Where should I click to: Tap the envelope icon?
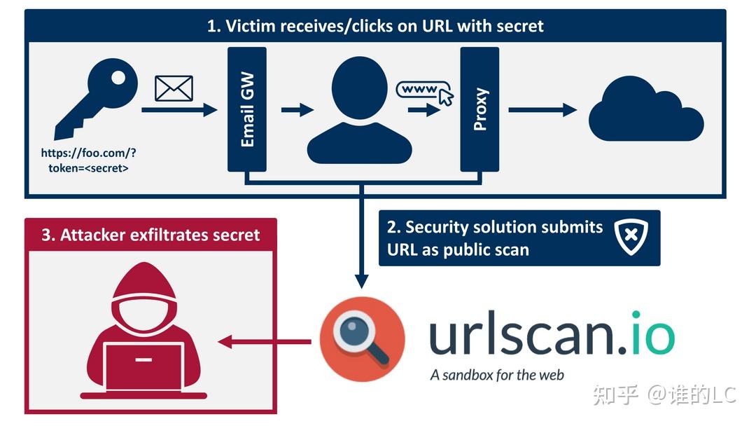coord(174,88)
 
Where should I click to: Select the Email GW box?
coord(247,109)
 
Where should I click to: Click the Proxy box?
coord(479,109)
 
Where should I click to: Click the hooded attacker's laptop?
coord(144,364)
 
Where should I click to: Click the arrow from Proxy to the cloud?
coord(542,109)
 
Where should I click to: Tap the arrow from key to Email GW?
coord(179,109)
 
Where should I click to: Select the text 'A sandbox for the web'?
coord(496,375)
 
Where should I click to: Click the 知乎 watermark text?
coord(616,394)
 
